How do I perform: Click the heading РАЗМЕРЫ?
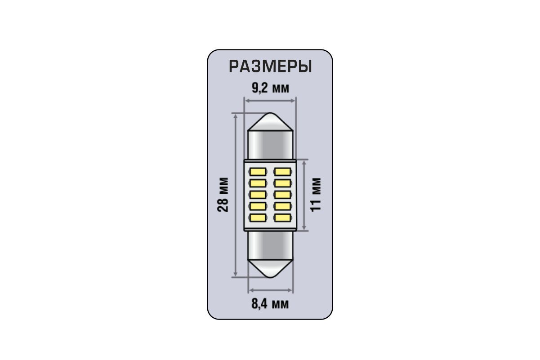[x=270, y=66]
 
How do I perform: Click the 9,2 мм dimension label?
[x=270, y=89]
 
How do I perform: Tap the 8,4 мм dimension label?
[x=270, y=304]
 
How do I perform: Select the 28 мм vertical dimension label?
[x=223, y=195]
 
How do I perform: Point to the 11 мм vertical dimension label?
[x=316, y=195]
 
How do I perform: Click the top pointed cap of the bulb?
[x=270, y=122]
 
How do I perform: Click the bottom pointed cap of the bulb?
[x=270, y=269]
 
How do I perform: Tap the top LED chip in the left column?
[x=258, y=172]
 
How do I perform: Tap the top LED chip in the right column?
[x=282, y=172]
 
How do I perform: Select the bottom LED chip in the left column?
[x=258, y=218]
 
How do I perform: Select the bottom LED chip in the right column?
[x=282, y=218]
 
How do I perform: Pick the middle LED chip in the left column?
[x=258, y=195]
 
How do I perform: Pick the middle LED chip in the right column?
[x=282, y=195]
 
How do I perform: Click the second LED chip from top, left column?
[x=258, y=183]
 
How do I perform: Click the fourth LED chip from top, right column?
[x=282, y=206]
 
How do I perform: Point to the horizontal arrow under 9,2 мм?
[x=270, y=101]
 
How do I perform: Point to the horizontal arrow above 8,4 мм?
[x=271, y=290]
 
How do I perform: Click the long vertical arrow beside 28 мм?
[x=236, y=195]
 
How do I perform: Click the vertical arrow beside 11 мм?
[x=304, y=195]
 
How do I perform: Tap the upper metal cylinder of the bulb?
[x=270, y=145]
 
